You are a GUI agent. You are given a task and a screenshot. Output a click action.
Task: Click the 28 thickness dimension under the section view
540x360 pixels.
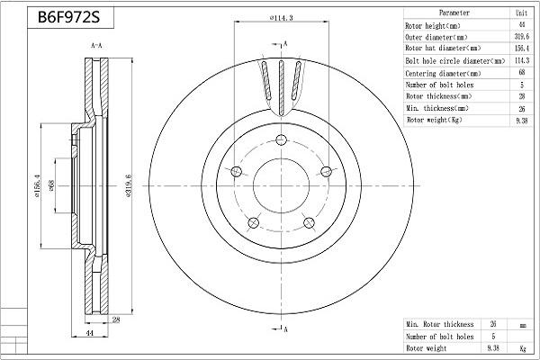[x=116, y=319]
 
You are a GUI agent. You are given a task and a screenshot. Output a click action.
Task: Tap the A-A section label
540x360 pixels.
[x=95, y=44]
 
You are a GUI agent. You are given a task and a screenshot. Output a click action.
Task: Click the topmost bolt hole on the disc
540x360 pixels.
[x=281, y=139]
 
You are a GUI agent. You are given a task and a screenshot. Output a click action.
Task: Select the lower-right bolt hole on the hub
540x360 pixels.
[x=309, y=222]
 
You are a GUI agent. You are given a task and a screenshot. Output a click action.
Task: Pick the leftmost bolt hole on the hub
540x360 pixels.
[x=237, y=172]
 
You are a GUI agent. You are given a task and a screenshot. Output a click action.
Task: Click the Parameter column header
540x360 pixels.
[x=454, y=13]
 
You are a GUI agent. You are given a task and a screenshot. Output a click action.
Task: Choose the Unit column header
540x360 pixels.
[x=521, y=13]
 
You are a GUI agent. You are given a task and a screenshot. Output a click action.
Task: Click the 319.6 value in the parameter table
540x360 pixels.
[x=521, y=37]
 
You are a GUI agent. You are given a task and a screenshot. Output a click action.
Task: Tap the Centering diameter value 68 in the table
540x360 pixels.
[x=521, y=72]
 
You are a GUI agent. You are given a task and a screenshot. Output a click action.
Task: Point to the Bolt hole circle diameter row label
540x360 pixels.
[x=449, y=60]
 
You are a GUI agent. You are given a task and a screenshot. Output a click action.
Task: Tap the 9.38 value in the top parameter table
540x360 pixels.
[x=521, y=119]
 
